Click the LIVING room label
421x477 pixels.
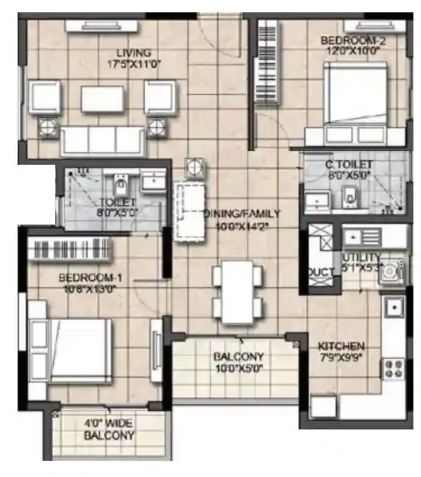click(x=138, y=53)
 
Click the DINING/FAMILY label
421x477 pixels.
click(x=242, y=214)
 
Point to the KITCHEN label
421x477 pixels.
click(x=341, y=346)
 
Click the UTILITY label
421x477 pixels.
click(x=357, y=258)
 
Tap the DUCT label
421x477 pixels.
click(x=321, y=272)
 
